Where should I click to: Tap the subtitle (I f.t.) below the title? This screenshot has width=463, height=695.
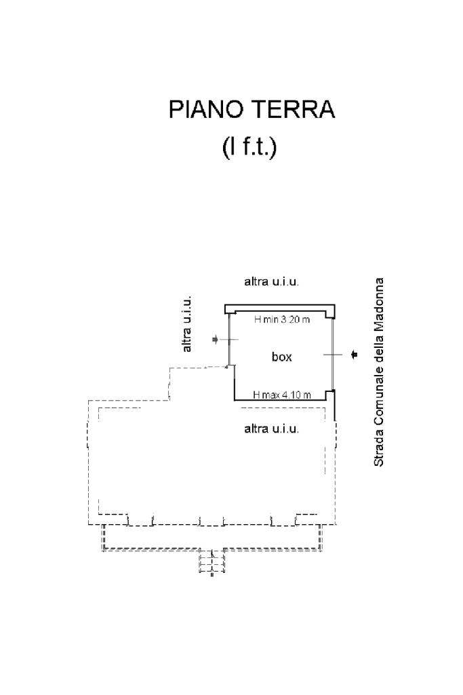point(249,147)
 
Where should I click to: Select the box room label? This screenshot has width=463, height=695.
point(282,357)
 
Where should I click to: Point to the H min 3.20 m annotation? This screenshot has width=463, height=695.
point(282,319)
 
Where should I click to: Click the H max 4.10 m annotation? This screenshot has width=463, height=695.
point(282,395)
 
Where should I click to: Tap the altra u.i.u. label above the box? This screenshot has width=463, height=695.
point(271,281)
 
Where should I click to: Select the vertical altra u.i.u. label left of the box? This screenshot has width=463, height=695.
point(187,324)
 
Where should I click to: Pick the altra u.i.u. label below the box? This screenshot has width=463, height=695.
point(271,429)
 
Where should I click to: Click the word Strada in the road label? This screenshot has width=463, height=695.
point(379,452)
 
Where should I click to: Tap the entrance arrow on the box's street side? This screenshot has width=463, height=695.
point(354,354)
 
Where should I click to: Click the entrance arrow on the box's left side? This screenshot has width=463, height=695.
point(216,340)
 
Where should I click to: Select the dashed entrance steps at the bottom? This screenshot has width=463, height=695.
point(212,562)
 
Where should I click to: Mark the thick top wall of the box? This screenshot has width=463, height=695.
point(279,309)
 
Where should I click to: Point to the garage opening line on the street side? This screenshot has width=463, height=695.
point(332,354)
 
